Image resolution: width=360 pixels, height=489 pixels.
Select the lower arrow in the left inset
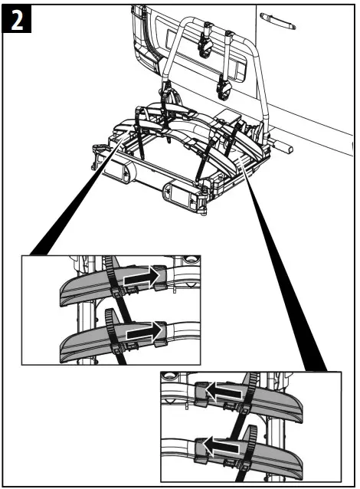(145, 331)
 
